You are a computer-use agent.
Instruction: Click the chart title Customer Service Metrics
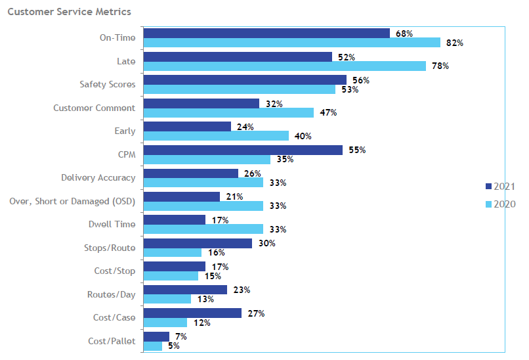coord(69,12)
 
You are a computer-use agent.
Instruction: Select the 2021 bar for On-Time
coord(266,34)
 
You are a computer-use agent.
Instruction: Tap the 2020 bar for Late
coord(284,66)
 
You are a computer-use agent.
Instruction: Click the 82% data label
coord(455,43)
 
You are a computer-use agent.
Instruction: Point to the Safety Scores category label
coord(108,85)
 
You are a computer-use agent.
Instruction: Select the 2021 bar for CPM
coord(243,150)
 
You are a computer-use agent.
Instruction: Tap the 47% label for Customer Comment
coord(328,113)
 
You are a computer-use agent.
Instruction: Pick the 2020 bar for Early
coord(216,136)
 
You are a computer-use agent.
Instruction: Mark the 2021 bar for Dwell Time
coord(175,220)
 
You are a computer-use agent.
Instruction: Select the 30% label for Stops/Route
coord(266,243)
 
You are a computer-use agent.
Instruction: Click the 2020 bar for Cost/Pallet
coord(153,346)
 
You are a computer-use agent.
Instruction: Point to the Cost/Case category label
coord(114,317)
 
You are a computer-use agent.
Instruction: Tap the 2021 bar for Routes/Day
coord(185,290)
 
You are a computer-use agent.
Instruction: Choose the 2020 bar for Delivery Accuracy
coord(203,183)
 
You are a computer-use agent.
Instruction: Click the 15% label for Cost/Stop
coord(212,276)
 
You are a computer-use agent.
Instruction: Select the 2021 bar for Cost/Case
coord(192,313)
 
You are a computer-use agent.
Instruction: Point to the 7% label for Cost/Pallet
coord(180,336)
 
